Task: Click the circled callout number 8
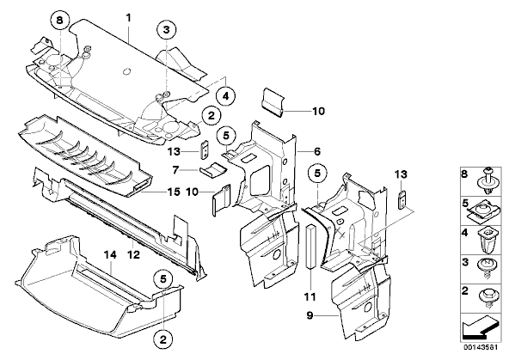coord(59,21)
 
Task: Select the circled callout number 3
coord(166,30)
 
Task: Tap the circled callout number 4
coord(225,96)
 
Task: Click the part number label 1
coord(129,17)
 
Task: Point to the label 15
coord(174,192)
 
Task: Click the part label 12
coord(133,254)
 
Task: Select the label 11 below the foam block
coord(310,296)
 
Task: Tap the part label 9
coord(310,315)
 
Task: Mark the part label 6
coord(317,151)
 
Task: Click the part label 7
coord(175,169)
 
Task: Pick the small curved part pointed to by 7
coord(212,170)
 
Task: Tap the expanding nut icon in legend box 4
coord(485,241)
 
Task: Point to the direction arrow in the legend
coord(480,327)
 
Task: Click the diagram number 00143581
coord(480,347)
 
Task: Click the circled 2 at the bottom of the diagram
coord(163,339)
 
